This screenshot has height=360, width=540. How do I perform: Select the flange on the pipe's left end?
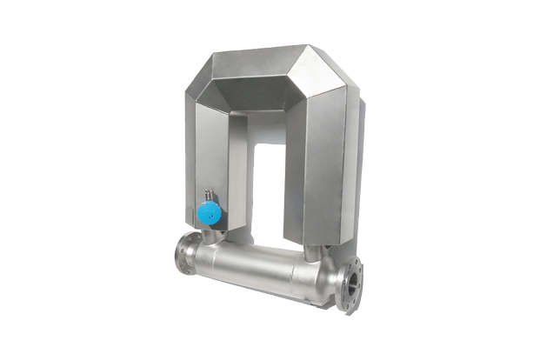point(185,253)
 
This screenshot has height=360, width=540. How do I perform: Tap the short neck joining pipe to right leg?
point(317,253)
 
